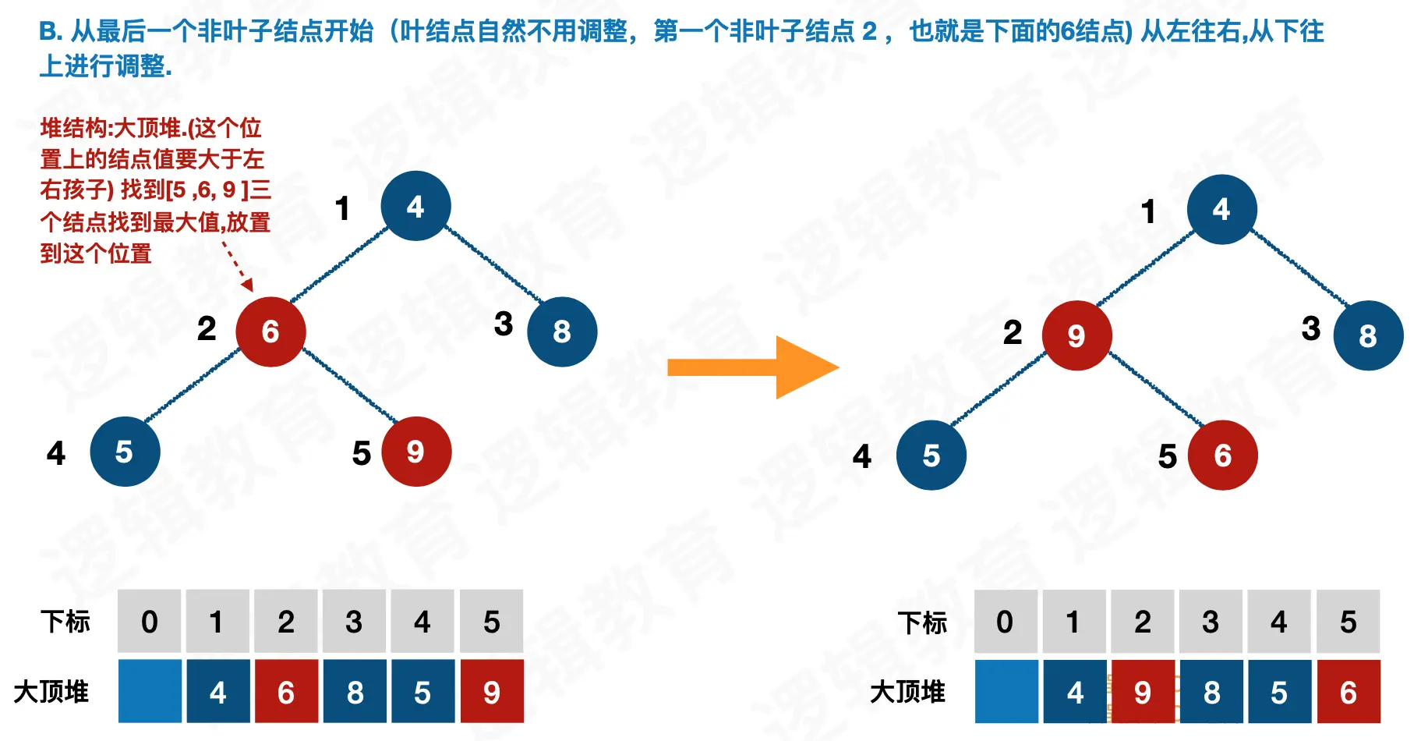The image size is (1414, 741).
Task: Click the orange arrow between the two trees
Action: click(752, 367)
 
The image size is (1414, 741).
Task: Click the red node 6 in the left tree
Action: click(270, 331)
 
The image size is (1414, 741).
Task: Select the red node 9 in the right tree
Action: click(1076, 335)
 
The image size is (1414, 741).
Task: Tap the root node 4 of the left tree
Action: click(415, 206)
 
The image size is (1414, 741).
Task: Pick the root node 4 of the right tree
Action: click(1221, 209)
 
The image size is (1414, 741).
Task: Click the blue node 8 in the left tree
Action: click(562, 331)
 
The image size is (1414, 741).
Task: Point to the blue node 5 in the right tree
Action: click(931, 456)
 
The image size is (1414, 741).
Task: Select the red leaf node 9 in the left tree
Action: click(416, 452)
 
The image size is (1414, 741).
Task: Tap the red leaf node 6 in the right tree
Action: click(1222, 456)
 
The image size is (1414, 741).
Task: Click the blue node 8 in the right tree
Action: click(1368, 335)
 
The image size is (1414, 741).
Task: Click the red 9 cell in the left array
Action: click(492, 692)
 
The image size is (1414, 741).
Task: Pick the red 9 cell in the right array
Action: click(1143, 692)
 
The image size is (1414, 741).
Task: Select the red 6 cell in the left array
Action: click(286, 692)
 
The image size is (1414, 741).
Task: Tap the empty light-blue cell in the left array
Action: click(150, 692)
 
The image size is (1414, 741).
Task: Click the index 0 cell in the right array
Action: click(1005, 622)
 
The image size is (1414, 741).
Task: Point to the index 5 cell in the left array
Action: click(492, 622)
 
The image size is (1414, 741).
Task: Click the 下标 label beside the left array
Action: click(65, 622)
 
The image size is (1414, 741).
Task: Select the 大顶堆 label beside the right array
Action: click(907, 692)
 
